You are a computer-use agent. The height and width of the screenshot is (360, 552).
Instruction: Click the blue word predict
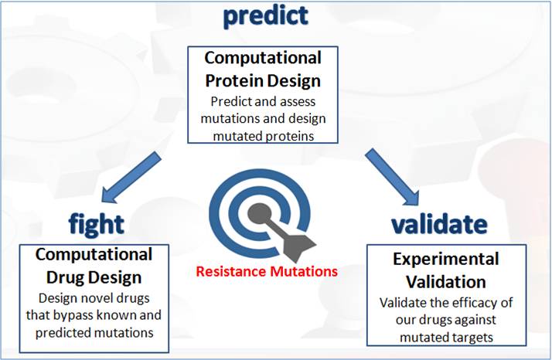pos(266,16)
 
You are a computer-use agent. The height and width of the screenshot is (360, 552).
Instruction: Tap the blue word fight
pos(96,223)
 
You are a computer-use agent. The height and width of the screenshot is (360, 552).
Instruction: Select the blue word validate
pos(439,223)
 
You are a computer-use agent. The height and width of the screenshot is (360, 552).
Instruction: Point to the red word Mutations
pos(304,271)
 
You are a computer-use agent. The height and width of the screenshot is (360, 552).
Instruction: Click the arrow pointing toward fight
pos(131,178)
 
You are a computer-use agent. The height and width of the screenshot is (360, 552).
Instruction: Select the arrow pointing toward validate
pos(392,177)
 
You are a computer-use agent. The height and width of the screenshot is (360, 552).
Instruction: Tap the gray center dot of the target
pos(260,214)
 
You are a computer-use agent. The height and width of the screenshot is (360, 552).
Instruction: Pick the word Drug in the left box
pos(63,277)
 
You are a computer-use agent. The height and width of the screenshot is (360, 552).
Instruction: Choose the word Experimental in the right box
pos(445,260)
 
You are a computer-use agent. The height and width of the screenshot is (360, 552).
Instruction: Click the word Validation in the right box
pos(446,282)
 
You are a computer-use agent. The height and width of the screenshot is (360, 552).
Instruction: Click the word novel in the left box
pos(97,298)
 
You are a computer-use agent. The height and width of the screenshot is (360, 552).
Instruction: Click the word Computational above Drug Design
pos(94,254)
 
